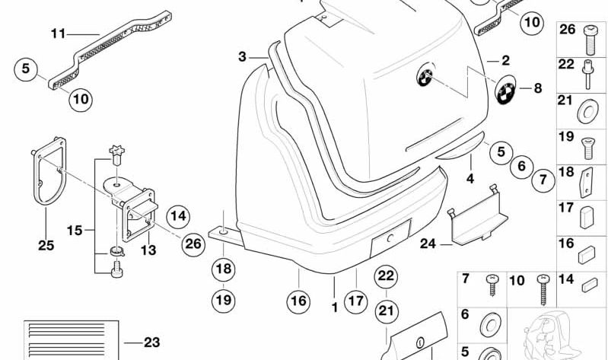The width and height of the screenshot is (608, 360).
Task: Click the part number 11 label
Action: coord(59,33)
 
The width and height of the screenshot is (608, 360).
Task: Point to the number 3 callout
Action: coord(242,56)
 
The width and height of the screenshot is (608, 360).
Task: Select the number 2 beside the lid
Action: coord(505,60)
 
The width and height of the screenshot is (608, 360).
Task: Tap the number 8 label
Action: coord(537,88)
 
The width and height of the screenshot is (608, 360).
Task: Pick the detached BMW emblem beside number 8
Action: coord(506,93)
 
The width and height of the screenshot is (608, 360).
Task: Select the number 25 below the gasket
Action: coord(46,245)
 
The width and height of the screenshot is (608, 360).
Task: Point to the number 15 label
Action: coord(73,228)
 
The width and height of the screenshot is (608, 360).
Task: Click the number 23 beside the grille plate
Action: coord(151,342)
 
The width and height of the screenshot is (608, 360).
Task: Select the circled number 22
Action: coord(387,276)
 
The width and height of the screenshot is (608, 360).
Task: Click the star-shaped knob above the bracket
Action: coord(116,152)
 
